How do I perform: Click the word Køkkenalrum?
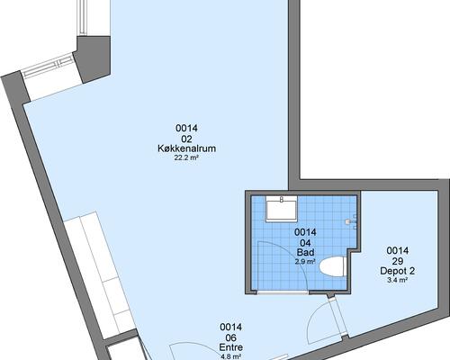[186, 148]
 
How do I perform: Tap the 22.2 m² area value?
[186, 158]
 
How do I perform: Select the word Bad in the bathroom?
[305, 252]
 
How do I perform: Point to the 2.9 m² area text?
[305, 262]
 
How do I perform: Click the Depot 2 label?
[398, 271]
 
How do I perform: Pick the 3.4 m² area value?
[398, 281]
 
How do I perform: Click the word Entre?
[231, 347]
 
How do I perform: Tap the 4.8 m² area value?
[231, 356]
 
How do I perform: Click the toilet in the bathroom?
[332, 266]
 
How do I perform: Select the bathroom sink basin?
[282, 209]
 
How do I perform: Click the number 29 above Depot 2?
[398, 261]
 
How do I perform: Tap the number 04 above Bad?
[305, 243]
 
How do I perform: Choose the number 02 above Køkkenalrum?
[186, 139]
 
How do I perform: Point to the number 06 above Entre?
[231, 337]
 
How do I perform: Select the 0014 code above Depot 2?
[398, 251]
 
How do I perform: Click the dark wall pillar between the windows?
[93, 59]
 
